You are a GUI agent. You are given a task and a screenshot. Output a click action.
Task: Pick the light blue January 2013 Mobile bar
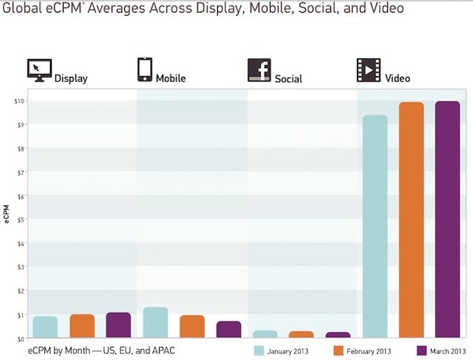(155, 323)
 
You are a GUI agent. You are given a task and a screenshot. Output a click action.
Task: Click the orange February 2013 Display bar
(82, 326)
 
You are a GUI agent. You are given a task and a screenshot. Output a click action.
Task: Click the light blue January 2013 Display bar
(45, 327)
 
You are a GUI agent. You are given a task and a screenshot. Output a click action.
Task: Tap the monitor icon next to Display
(39, 69)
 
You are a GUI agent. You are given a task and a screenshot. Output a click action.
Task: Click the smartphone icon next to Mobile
(145, 69)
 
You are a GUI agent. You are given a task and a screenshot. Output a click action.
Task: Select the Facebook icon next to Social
(259, 69)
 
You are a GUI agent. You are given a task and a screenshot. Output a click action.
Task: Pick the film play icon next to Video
(369, 69)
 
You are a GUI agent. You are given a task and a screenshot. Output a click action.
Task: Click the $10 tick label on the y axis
(20, 101)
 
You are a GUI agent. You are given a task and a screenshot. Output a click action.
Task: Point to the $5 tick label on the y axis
(21, 220)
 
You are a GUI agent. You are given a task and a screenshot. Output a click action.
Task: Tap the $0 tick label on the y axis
(21, 339)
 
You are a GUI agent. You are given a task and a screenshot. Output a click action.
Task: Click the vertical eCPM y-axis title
(7, 219)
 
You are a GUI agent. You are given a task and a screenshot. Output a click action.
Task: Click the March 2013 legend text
(448, 350)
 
